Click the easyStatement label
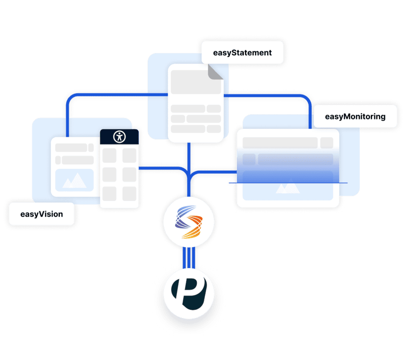(x=242, y=53)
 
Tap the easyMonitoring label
(x=355, y=116)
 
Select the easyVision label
(x=42, y=214)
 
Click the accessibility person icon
(x=120, y=136)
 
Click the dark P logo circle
(x=189, y=292)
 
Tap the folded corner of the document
(x=215, y=71)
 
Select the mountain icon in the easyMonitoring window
(x=287, y=188)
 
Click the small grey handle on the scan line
(x=229, y=183)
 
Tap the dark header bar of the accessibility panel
(x=120, y=136)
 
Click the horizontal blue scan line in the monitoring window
(x=287, y=183)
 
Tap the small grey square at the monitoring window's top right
(x=326, y=142)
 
